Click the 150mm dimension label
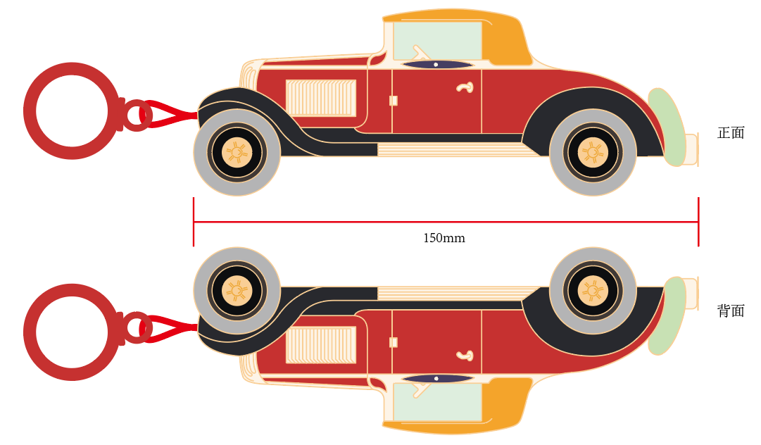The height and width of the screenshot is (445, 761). pyautogui.click(x=444, y=239)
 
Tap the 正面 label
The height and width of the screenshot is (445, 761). pyautogui.click(x=731, y=133)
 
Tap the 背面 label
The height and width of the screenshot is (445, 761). pyautogui.click(x=731, y=311)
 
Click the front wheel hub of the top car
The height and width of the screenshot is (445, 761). pyautogui.click(x=237, y=152)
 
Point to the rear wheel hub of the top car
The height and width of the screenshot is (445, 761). pyautogui.click(x=593, y=152)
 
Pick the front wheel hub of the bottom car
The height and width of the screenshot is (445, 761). pyautogui.click(x=237, y=290)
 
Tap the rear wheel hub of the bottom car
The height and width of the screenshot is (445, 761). pyautogui.click(x=593, y=290)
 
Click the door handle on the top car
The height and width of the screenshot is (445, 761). pyautogui.click(x=464, y=87)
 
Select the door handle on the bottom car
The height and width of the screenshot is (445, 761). pyautogui.click(x=464, y=355)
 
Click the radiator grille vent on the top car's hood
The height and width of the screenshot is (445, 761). pyautogui.click(x=320, y=98)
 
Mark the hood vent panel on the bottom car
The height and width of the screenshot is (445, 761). pyautogui.click(x=320, y=344)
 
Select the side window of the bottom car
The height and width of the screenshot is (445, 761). pyautogui.click(x=436, y=403)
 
